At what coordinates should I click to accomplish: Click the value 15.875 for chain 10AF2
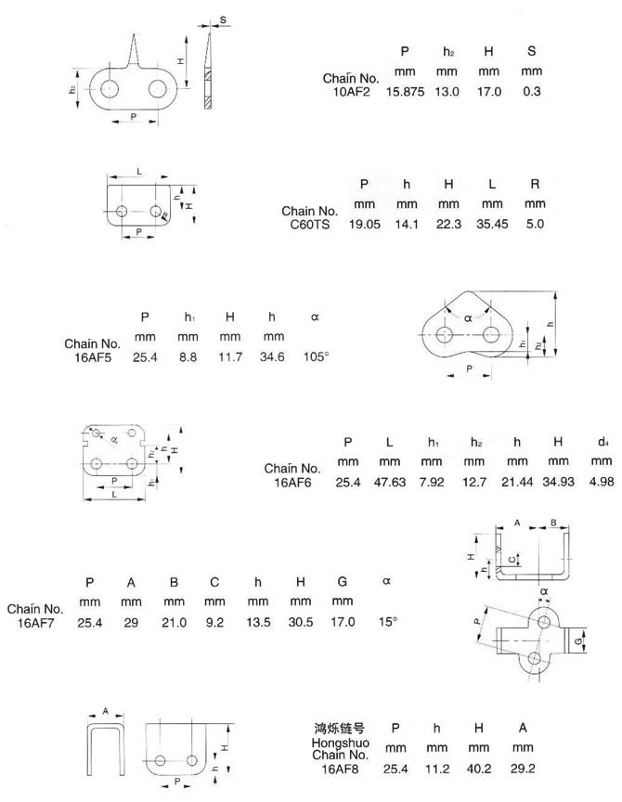point(405,92)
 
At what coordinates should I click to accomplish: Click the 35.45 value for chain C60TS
point(491,225)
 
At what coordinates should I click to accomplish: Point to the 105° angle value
point(316,357)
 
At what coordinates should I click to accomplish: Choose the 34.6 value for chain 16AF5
point(274,357)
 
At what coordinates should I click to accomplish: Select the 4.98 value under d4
point(602,483)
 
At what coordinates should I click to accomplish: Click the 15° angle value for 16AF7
point(387,622)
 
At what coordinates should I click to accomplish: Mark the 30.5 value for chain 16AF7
point(301,622)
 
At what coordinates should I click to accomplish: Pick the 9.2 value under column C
point(215,622)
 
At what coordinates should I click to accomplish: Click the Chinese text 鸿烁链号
point(337,728)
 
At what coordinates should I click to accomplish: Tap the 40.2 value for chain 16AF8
point(479,769)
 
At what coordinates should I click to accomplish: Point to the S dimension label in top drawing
point(224,19)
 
